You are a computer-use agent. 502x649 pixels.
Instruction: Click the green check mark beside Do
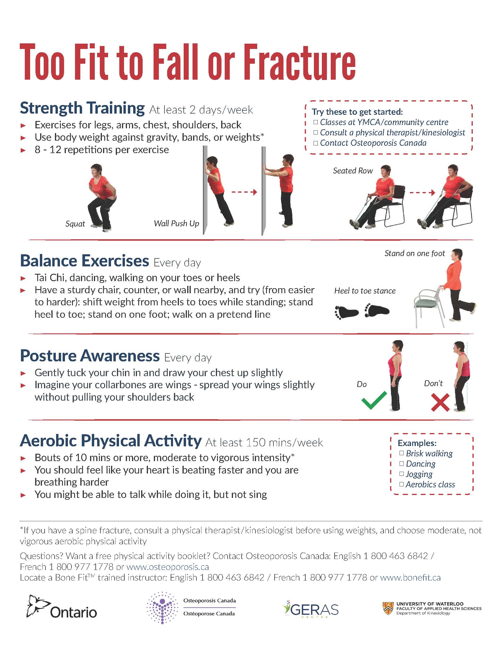click(x=374, y=400)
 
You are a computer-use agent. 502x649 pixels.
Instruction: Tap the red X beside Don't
click(x=440, y=403)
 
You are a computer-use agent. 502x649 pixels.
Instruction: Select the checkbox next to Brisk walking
click(x=402, y=453)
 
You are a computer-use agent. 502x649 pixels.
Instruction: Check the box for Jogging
click(x=402, y=474)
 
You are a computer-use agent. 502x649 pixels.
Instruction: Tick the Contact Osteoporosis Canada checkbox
click(x=316, y=143)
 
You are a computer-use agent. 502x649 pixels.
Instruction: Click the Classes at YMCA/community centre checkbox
click(x=316, y=122)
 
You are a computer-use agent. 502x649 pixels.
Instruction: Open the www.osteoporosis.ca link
click(x=168, y=567)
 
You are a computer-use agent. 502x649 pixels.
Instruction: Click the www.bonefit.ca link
click(x=410, y=577)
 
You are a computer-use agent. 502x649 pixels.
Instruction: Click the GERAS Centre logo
click(x=311, y=609)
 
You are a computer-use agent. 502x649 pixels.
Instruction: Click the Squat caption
click(x=75, y=224)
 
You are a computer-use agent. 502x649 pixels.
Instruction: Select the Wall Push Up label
click(x=176, y=224)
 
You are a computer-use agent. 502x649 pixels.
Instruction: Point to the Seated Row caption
click(x=353, y=171)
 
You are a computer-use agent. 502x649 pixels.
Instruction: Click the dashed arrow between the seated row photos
click(x=422, y=193)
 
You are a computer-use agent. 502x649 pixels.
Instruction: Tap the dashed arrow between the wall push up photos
click(x=244, y=192)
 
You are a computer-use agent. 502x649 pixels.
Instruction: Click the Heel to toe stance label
click(x=365, y=291)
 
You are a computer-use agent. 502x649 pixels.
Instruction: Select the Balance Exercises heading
click(x=84, y=260)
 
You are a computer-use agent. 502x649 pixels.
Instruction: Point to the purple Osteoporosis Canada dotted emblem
click(x=162, y=608)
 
